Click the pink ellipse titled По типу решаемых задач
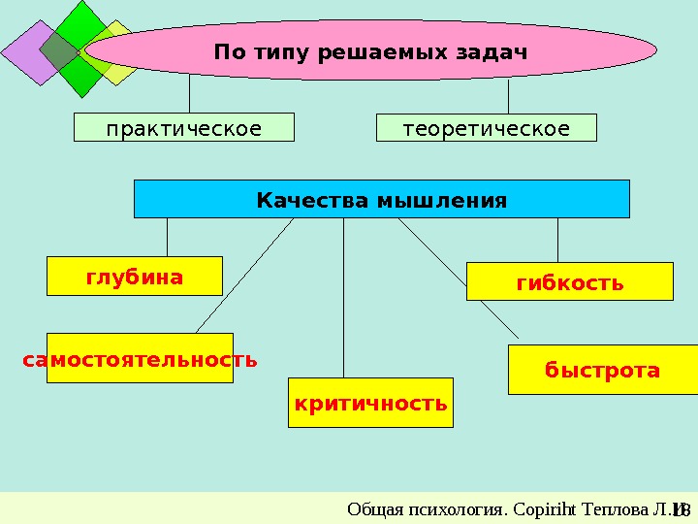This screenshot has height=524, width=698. tap(371, 50)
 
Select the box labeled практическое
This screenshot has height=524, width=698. tap(184, 128)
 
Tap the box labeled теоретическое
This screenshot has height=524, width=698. tap(486, 128)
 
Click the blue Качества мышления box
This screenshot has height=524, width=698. tap(381, 199)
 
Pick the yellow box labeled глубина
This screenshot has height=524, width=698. tap(135, 276)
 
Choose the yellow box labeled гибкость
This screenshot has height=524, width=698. tap(569, 281)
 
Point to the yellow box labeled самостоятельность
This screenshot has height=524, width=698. tap(140, 359)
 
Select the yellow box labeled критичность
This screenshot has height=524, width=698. tap(370, 404)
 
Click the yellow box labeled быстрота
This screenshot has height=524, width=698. tap(602, 370)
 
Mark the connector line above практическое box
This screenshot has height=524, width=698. tap(189, 95)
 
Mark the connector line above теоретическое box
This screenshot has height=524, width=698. tap(509, 95)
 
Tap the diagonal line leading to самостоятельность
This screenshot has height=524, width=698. tap(244, 277)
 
